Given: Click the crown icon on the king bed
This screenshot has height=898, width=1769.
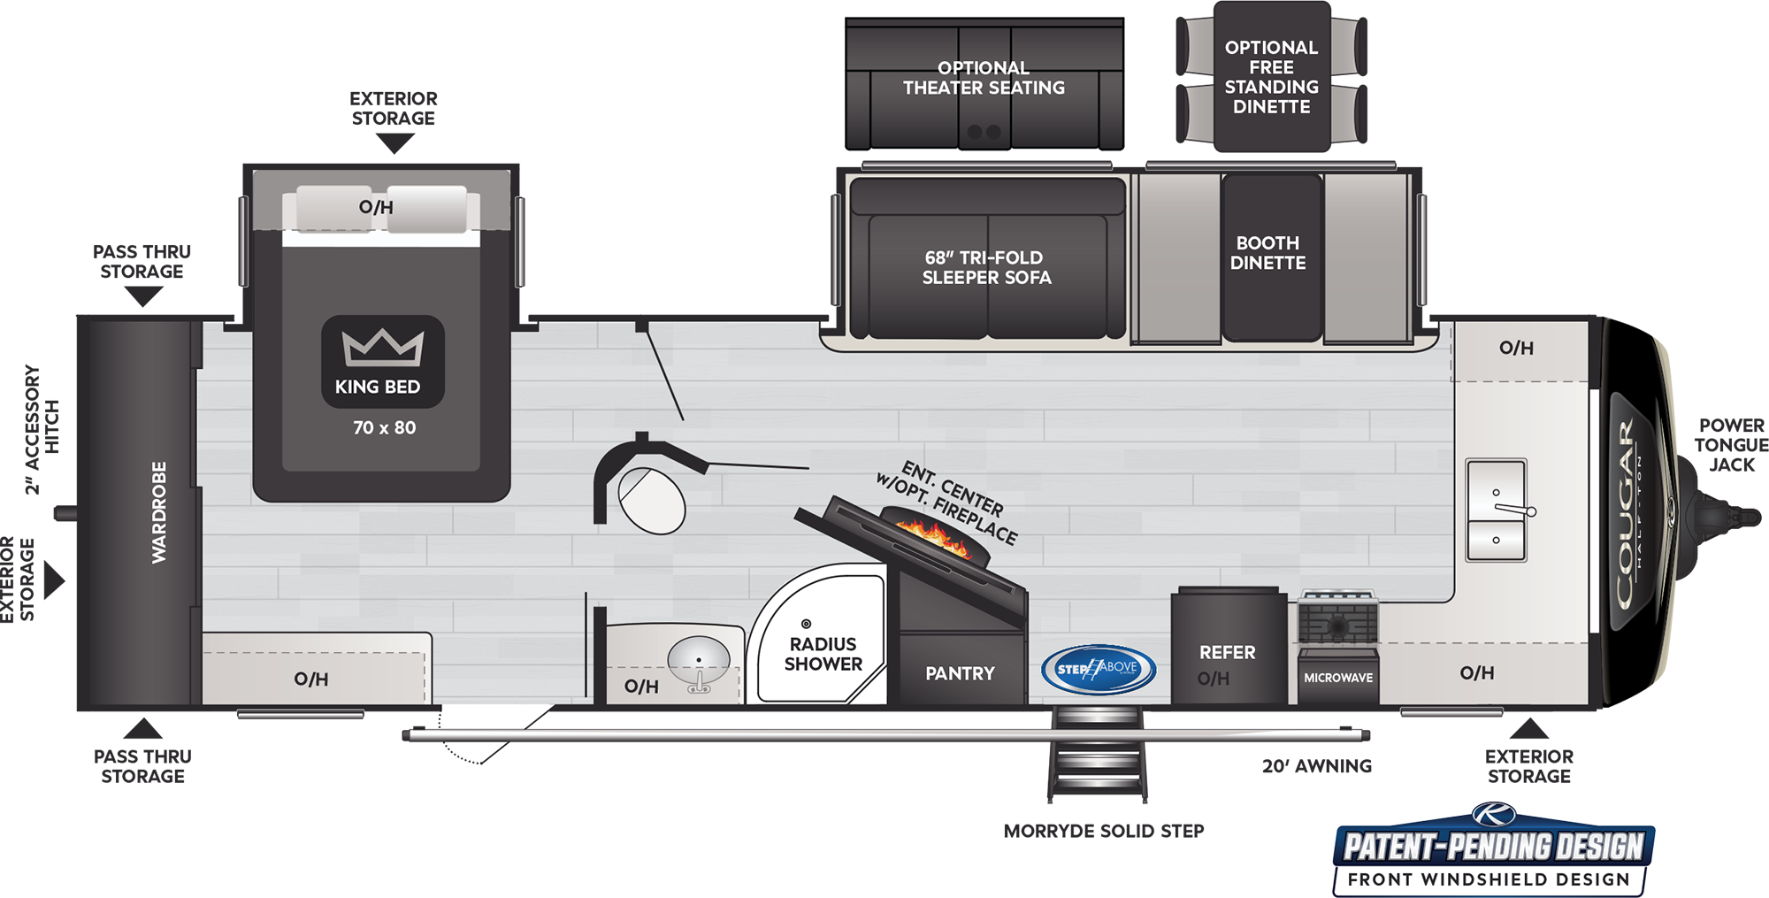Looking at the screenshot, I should point(383,347).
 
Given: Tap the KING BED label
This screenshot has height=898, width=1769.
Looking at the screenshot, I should point(378,387).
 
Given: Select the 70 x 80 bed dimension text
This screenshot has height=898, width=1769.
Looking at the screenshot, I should point(384,427).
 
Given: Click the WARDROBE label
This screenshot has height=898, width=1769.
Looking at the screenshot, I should point(159,511).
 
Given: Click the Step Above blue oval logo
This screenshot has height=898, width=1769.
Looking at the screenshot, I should point(1099,668).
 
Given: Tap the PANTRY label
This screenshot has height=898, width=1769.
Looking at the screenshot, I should point(960,673).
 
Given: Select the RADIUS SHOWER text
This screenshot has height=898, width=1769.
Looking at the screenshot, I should point(823,654).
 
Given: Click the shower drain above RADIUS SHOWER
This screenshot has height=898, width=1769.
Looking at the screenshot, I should point(806,624).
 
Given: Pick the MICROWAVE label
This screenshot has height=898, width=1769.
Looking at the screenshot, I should point(1338,678).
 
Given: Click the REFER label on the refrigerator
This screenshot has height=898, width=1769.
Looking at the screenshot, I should point(1227,652).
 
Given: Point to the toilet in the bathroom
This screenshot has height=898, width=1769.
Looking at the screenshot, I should point(652,500).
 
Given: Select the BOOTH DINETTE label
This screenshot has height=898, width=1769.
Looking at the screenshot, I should point(1267,253).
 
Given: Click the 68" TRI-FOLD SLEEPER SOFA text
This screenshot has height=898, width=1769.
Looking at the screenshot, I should point(986,267).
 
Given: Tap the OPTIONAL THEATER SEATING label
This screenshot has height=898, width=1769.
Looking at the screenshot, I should point(984,78).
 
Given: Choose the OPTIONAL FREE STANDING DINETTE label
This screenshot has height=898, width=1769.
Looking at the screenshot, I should point(1271,77).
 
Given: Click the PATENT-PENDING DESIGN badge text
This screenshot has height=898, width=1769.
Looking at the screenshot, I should point(1494,847).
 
